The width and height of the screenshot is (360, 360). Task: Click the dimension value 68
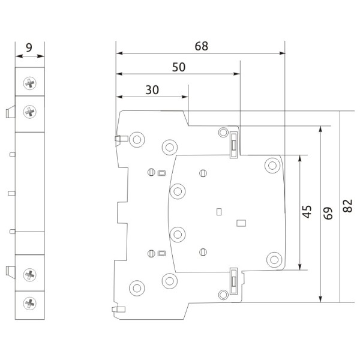point(202,46)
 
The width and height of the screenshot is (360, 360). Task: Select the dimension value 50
point(178,67)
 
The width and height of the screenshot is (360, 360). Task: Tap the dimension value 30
point(152,89)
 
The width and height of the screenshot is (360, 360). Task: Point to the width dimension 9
point(29,46)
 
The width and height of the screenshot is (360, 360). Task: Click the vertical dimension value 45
point(307,212)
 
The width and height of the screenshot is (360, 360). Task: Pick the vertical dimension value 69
point(328,213)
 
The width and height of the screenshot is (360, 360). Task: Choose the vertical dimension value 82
point(348,206)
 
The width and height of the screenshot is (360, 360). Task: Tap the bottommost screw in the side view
point(29,302)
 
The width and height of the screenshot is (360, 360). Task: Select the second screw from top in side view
point(29,111)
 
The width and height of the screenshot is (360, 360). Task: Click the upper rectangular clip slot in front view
point(233,145)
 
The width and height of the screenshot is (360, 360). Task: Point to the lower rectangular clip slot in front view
point(233,280)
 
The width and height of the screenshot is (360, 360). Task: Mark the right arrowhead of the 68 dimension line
point(282,53)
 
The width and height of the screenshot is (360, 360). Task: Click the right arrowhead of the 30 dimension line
point(185,97)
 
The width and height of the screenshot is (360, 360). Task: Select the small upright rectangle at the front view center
point(218,211)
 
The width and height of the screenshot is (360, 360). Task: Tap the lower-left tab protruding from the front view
point(118,310)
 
